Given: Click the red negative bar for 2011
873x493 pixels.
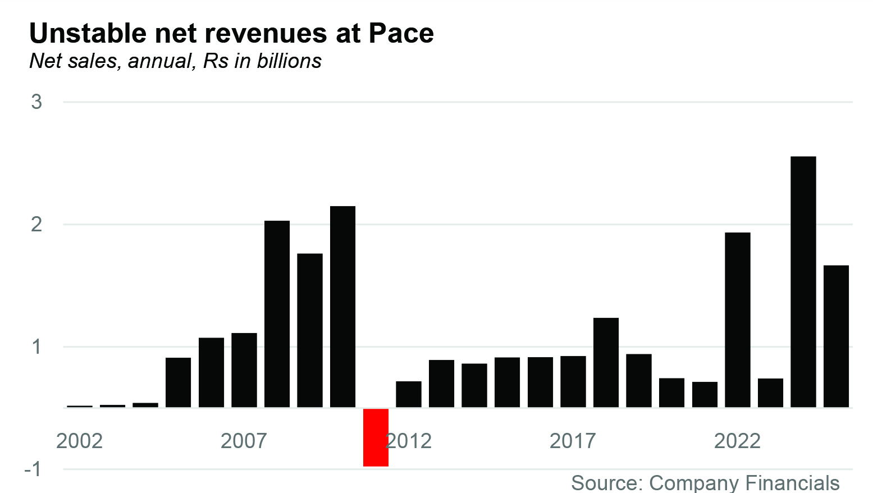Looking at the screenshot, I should (x=376, y=437).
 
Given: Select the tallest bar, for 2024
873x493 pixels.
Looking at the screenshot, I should (x=803, y=281).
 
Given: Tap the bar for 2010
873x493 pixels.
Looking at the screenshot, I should (x=342, y=307).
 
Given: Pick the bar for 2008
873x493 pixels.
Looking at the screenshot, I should (x=277, y=314).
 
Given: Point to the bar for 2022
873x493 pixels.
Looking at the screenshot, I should (x=737, y=319).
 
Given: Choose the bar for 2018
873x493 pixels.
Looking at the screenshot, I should (x=606, y=362).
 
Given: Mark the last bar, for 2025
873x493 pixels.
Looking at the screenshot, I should (x=836, y=336).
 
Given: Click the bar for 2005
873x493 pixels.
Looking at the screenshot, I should (x=178, y=382).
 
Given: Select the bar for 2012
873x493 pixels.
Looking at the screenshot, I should (x=408, y=394).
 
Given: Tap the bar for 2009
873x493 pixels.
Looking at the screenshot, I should (x=310, y=330).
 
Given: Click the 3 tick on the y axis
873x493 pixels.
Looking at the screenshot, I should (x=36, y=102).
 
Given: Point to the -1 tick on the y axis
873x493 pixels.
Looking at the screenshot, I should (x=33, y=469).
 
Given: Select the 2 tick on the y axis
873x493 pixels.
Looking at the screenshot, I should (x=36, y=224).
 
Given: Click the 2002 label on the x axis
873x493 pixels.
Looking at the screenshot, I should (x=79, y=441).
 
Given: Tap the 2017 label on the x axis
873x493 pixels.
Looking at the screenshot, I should (x=572, y=441).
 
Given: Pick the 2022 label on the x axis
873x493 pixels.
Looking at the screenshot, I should (x=737, y=441).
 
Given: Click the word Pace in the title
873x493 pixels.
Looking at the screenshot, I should (x=401, y=34).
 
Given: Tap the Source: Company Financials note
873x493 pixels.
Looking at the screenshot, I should (x=705, y=483).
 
